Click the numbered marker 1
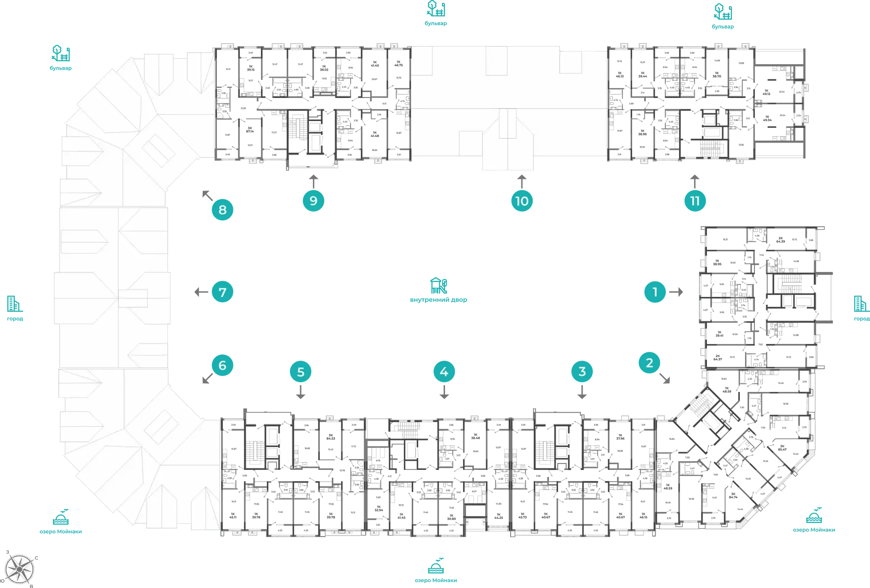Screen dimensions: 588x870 coord(655,293)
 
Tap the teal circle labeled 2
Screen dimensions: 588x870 coord(649,363)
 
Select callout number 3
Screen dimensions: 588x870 coord(582,371)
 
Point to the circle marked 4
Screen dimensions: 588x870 coord(444,371)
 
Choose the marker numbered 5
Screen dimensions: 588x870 coord(301,372)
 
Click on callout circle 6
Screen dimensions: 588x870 coord(222,366)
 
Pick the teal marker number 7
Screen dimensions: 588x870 coord(222,293)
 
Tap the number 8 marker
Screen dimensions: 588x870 coord(222,210)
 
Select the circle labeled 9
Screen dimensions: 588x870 coord(313,201)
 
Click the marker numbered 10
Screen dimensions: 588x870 coord(521,201)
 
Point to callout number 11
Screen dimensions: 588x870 coord(694,201)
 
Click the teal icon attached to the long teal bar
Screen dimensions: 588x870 coord(724,12)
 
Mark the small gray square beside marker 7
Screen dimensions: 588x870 coord(199,292)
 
